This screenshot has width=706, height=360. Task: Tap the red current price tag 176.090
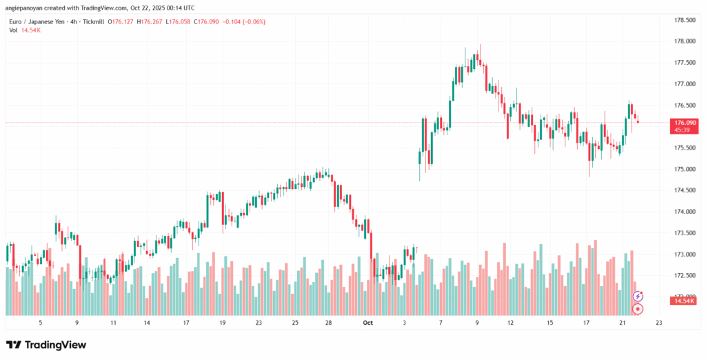pyautogui.click(x=681, y=122)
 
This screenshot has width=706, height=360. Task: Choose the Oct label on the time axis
pyautogui.click(x=367, y=322)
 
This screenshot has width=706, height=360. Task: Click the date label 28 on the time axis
pyautogui.click(x=329, y=322)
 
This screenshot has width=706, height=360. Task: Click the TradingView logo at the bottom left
pyautogui.click(x=46, y=344)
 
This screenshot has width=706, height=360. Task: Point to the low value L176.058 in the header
pyautogui.click(x=179, y=22)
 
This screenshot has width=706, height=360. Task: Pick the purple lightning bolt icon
pyautogui.click(x=638, y=296)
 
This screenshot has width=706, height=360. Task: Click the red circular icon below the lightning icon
pyautogui.click(x=638, y=309)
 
